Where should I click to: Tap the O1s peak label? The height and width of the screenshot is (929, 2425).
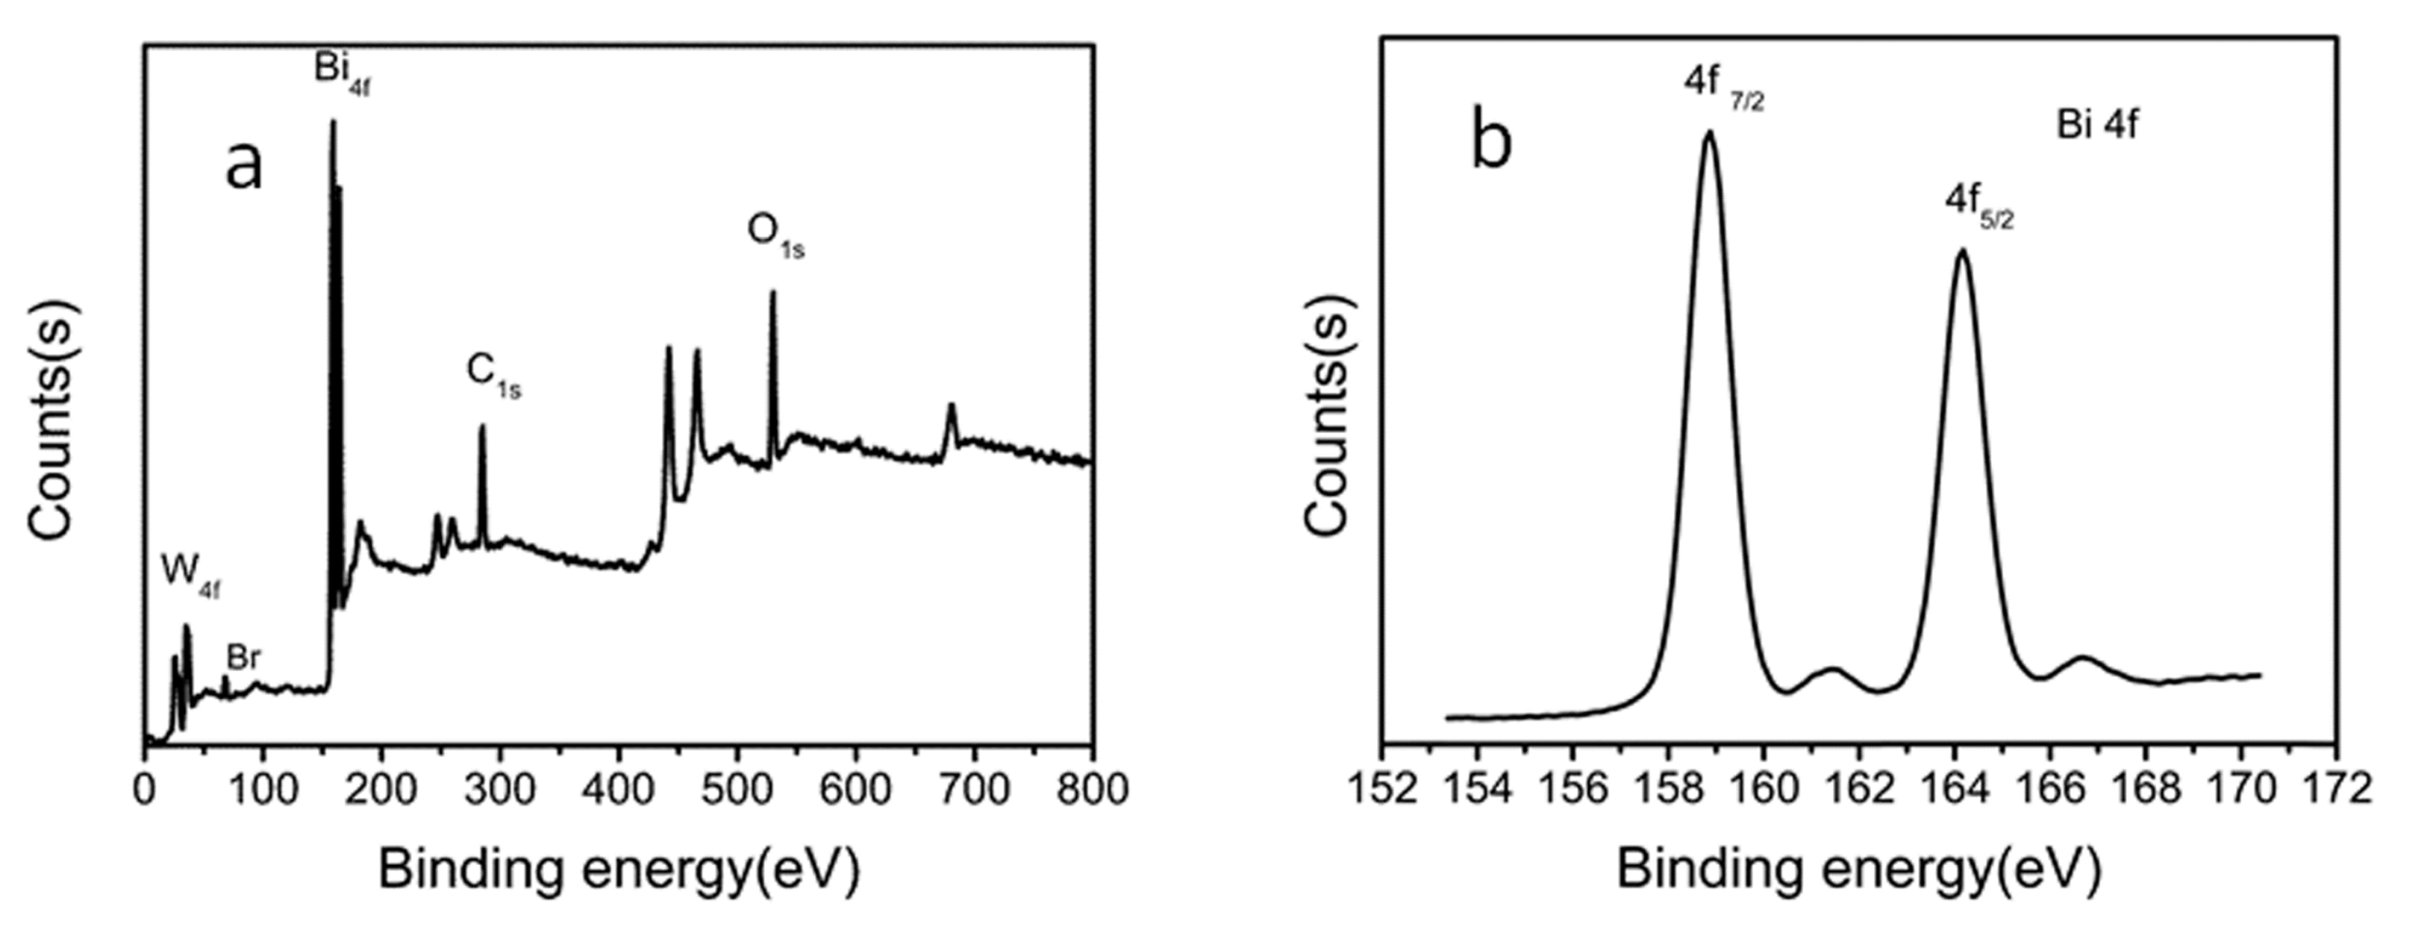pos(775,232)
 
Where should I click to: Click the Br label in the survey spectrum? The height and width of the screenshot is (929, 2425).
pos(243,658)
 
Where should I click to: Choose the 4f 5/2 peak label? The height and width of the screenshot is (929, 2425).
pos(1979,209)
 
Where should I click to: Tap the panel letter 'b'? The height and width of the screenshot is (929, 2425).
pos(1491,143)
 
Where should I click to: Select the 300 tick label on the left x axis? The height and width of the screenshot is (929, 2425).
pos(500,790)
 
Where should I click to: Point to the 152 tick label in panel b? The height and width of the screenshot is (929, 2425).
pos(1382,790)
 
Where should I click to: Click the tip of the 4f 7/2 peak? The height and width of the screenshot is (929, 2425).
pos(1708,132)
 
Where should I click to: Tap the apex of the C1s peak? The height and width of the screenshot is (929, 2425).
pos(482,426)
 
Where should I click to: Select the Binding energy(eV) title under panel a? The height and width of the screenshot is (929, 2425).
pos(618,871)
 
